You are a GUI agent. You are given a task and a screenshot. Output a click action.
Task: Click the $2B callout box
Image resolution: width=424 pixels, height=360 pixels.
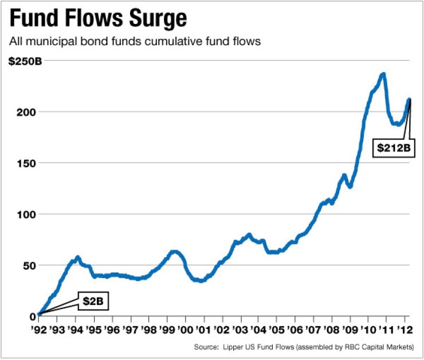tap(92, 300)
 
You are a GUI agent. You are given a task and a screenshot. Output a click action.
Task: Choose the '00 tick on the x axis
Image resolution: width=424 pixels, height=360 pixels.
tap(186, 331)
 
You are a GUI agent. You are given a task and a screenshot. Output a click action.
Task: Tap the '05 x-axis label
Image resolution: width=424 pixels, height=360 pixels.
tap(277, 331)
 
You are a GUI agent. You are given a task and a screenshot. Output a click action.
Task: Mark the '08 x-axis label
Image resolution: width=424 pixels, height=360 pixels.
tap(332, 331)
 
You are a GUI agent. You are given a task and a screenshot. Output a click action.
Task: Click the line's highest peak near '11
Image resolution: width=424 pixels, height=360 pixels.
tap(382, 74)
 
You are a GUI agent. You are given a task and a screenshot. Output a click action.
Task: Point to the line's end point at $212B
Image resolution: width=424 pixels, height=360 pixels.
tap(409, 100)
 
